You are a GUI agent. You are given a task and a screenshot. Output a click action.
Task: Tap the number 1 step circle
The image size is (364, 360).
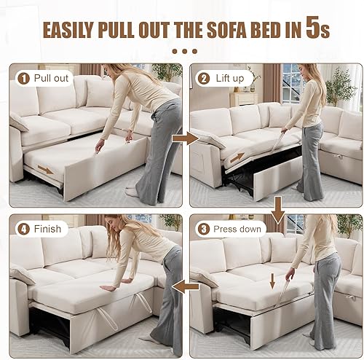point(23,77)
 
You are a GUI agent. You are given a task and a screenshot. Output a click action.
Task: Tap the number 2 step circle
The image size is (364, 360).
point(202,77)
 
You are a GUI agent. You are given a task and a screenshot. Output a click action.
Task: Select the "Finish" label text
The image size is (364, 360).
point(47,229)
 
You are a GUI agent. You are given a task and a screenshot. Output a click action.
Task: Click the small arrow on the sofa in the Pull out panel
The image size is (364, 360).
point(46,171)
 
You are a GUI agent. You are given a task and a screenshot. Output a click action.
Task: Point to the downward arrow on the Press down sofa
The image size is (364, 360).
point(272,281)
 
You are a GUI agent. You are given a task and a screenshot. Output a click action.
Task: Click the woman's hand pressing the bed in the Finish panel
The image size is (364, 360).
point(107,287)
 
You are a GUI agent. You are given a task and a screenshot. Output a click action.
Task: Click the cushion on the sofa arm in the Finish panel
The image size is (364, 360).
point(22,273)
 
